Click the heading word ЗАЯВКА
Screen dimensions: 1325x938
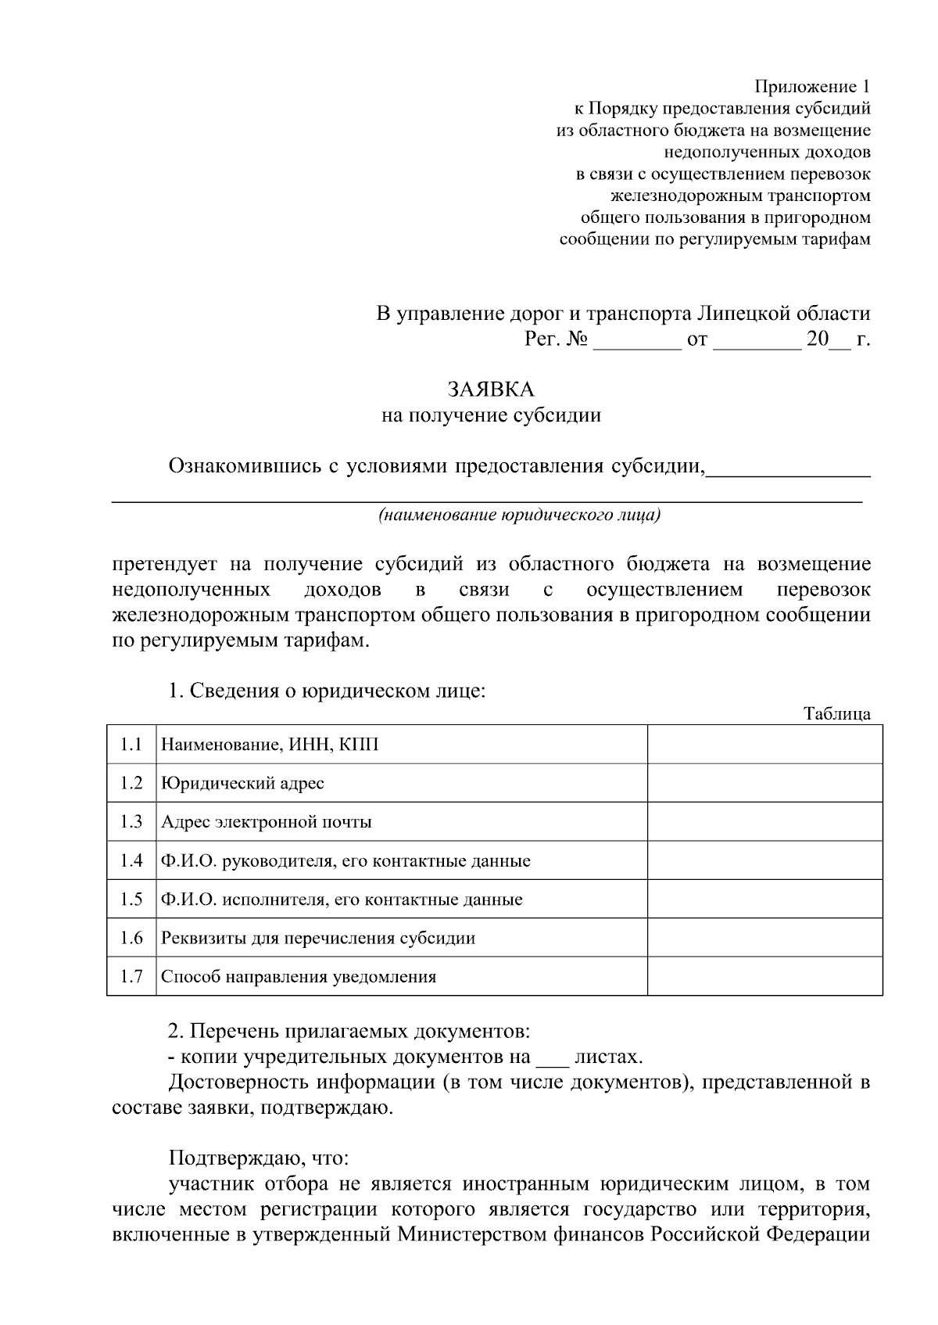[x=491, y=389]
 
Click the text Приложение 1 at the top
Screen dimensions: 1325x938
[x=811, y=86]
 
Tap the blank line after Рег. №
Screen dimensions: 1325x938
[x=637, y=341]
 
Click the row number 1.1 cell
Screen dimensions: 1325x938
[x=131, y=744]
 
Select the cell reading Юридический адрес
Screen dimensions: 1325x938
[x=242, y=783]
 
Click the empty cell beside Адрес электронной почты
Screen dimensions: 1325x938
[x=764, y=821]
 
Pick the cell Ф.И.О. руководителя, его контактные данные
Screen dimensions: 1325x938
[x=345, y=861]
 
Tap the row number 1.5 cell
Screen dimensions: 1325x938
[x=131, y=899]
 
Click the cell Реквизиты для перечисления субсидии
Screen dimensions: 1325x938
[x=318, y=938]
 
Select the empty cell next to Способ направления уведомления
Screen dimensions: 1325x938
[x=764, y=976]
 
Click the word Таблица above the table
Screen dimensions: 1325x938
[x=836, y=713]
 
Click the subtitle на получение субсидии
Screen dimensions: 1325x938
[x=491, y=415]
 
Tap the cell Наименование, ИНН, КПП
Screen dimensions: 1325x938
[x=270, y=744]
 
